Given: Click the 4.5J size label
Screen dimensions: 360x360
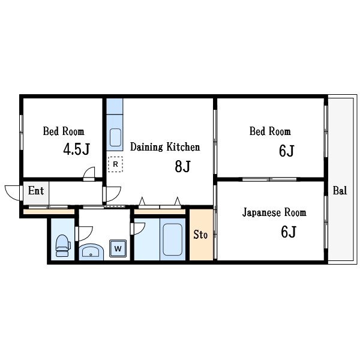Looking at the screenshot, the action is [x=76, y=149].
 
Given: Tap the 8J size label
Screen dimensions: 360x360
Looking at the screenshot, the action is [x=182, y=166].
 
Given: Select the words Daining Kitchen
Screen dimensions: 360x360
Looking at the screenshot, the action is [x=165, y=147].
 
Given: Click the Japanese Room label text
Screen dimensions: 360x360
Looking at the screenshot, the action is [x=274, y=212].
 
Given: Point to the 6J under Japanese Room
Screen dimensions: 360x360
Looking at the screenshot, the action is [x=289, y=232].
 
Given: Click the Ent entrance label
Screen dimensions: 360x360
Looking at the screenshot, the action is [x=36, y=191].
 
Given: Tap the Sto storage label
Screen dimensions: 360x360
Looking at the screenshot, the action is [x=200, y=235].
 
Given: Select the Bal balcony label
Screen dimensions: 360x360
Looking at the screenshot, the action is [x=340, y=191].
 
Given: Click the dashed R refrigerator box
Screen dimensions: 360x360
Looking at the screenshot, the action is [x=115, y=164].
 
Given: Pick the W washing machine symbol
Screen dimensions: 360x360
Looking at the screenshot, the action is [x=118, y=248].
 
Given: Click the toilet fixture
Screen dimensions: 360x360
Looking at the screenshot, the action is [x=63, y=245].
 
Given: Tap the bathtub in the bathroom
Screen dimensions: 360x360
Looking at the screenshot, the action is [x=173, y=239].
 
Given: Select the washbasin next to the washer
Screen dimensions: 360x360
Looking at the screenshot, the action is [x=91, y=251].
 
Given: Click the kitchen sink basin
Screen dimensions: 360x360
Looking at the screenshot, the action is [x=115, y=137].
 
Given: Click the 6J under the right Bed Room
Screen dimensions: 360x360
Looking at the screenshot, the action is [x=287, y=151].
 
